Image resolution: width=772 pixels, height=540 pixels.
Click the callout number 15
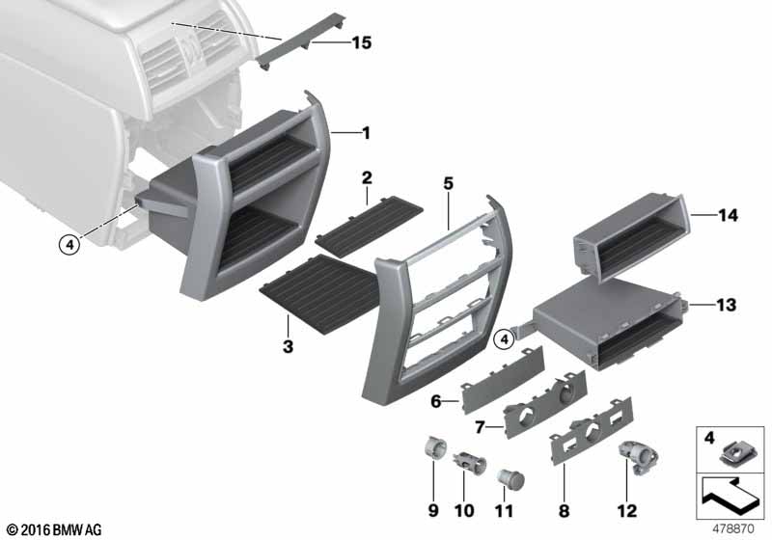pos(361,42)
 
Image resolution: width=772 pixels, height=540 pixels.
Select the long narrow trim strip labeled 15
pos(301,41)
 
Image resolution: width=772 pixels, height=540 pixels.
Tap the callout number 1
pos(366,133)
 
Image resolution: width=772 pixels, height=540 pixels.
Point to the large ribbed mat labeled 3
pos(319,294)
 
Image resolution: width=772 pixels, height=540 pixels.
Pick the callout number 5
pos(448,183)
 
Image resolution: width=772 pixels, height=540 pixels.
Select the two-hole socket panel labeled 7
pos(545,405)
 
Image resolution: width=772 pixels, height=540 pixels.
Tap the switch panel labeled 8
pos(591,431)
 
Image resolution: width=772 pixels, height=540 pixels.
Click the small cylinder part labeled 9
pos(434,448)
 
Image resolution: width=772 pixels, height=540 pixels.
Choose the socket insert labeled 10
pos(470,462)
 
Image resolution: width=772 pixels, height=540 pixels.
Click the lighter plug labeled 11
pos(510,478)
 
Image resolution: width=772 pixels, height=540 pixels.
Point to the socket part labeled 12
pos(637,458)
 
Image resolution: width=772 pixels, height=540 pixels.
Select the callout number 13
pos(726,305)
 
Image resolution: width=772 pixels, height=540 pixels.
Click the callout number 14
pos(728,215)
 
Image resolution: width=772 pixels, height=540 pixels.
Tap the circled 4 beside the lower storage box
pos(504,338)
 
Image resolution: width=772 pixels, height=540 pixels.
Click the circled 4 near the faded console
pos(69,244)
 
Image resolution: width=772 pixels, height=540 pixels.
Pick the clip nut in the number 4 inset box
pos(732,454)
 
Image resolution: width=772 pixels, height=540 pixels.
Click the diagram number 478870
pos(733,529)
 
